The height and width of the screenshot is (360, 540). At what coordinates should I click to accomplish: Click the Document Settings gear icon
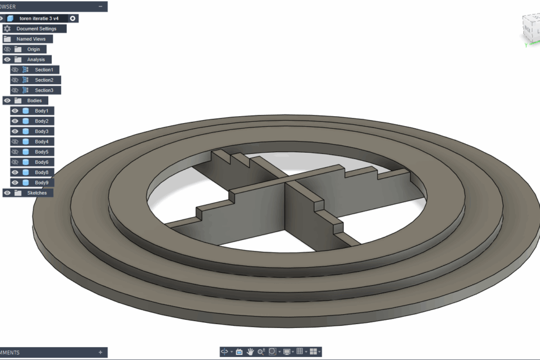7,28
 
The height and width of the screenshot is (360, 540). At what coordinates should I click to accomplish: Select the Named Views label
31,39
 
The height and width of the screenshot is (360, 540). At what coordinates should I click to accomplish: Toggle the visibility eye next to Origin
7,49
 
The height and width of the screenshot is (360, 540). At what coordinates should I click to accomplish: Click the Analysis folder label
35,60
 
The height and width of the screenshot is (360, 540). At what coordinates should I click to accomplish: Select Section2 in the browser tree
44,80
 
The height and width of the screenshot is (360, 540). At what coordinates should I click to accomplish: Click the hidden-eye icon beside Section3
15,91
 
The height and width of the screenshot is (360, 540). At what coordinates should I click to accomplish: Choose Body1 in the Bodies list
41,111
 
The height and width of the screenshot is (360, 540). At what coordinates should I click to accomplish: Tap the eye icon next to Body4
15,142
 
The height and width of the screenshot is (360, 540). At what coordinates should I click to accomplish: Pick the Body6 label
41,162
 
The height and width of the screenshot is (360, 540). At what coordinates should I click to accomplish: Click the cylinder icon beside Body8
26,172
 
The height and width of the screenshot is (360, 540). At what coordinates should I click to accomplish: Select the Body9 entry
41,183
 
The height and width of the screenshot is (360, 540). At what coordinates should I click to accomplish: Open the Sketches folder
37,193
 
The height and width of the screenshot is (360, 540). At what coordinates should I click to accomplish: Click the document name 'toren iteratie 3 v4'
43,19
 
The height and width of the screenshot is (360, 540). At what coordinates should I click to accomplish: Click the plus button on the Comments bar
100,352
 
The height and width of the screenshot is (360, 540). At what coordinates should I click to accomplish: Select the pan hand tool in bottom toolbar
250,352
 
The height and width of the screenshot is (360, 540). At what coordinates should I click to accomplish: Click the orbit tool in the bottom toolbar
224,352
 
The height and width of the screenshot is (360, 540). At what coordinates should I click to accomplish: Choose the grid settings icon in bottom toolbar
300,352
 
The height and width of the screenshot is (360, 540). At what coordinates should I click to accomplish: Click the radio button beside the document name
73,19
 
